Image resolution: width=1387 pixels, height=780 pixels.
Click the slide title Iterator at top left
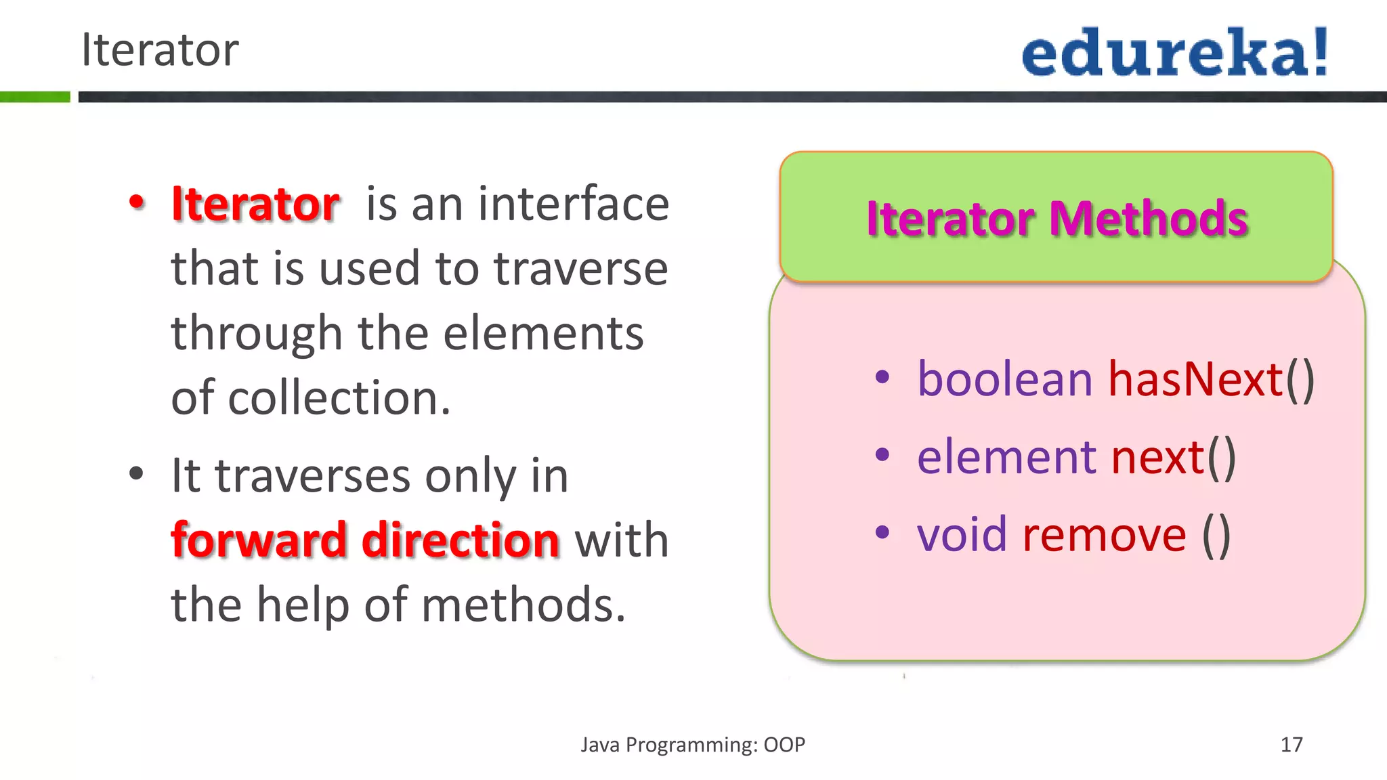pyautogui.click(x=160, y=50)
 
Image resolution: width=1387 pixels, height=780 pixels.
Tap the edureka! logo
pyautogui.click(x=1174, y=53)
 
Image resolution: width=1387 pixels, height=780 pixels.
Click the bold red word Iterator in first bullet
pyautogui.click(x=255, y=204)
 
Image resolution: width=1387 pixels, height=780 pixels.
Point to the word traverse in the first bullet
pyautogui.click(x=580, y=268)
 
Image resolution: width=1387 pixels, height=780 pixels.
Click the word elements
pyautogui.click(x=543, y=333)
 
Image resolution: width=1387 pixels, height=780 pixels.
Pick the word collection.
pyautogui.click(x=339, y=398)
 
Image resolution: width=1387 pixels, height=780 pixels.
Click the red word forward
pyautogui.click(x=259, y=540)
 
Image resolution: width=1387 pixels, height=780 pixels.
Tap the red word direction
pyautogui.click(x=461, y=540)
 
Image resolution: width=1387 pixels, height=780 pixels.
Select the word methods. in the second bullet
pyautogui.click(x=523, y=605)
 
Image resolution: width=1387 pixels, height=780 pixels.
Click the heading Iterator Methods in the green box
pyautogui.click(x=1057, y=219)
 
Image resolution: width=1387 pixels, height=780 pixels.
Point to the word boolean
pyautogui.click(x=1005, y=379)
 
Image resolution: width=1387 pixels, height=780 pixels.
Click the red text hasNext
pyautogui.click(x=1195, y=379)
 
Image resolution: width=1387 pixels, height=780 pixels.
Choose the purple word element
pyautogui.click(x=1006, y=457)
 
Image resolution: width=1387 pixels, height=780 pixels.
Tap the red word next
pyautogui.click(x=1157, y=457)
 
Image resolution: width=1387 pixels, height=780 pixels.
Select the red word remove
pyautogui.click(x=1104, y=535)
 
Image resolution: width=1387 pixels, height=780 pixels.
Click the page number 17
pyautogui.click(x=1291, y=745)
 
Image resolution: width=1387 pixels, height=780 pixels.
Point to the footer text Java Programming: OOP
pyautogui.click(x=693, y=745)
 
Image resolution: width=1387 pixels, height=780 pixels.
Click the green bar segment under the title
pyautogui.click(x=35, y=97)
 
